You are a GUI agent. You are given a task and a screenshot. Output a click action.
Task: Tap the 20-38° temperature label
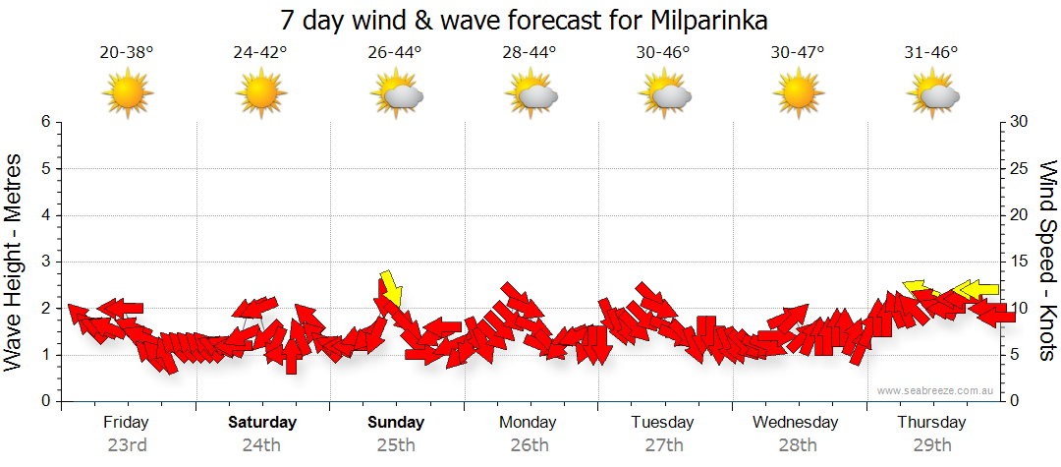coord(127,53)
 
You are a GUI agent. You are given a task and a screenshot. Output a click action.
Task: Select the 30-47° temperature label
coord(798,53)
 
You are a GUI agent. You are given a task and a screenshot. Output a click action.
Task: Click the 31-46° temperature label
coord(931,53)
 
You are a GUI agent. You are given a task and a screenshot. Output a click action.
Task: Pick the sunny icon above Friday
coord(128,94)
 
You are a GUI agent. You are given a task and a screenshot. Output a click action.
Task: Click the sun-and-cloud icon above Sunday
coord(396,94)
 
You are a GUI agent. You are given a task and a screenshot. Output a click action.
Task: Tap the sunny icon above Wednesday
coord(798,94)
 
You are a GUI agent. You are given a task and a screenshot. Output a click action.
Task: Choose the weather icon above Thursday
coord(932,94)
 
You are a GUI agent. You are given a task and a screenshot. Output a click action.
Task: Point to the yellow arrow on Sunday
coord(391,288)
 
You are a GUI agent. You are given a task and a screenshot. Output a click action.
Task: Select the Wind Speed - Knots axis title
coord(1045,261)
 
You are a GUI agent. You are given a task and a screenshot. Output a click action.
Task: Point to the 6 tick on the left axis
coord(45,122)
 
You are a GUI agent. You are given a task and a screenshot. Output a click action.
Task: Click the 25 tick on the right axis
coord(1021,168)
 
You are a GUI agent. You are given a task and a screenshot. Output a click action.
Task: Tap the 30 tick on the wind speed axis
coord(1021,122)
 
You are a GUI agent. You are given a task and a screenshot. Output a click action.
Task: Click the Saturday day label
coord(262,423)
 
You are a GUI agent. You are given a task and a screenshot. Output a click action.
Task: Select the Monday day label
coord(529,423)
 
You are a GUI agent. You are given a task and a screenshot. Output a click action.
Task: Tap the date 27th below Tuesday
coord(663,445)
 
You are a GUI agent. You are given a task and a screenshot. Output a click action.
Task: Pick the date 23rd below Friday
coord(127,445)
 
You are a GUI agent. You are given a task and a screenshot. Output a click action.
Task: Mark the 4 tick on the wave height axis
coord(45,215)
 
